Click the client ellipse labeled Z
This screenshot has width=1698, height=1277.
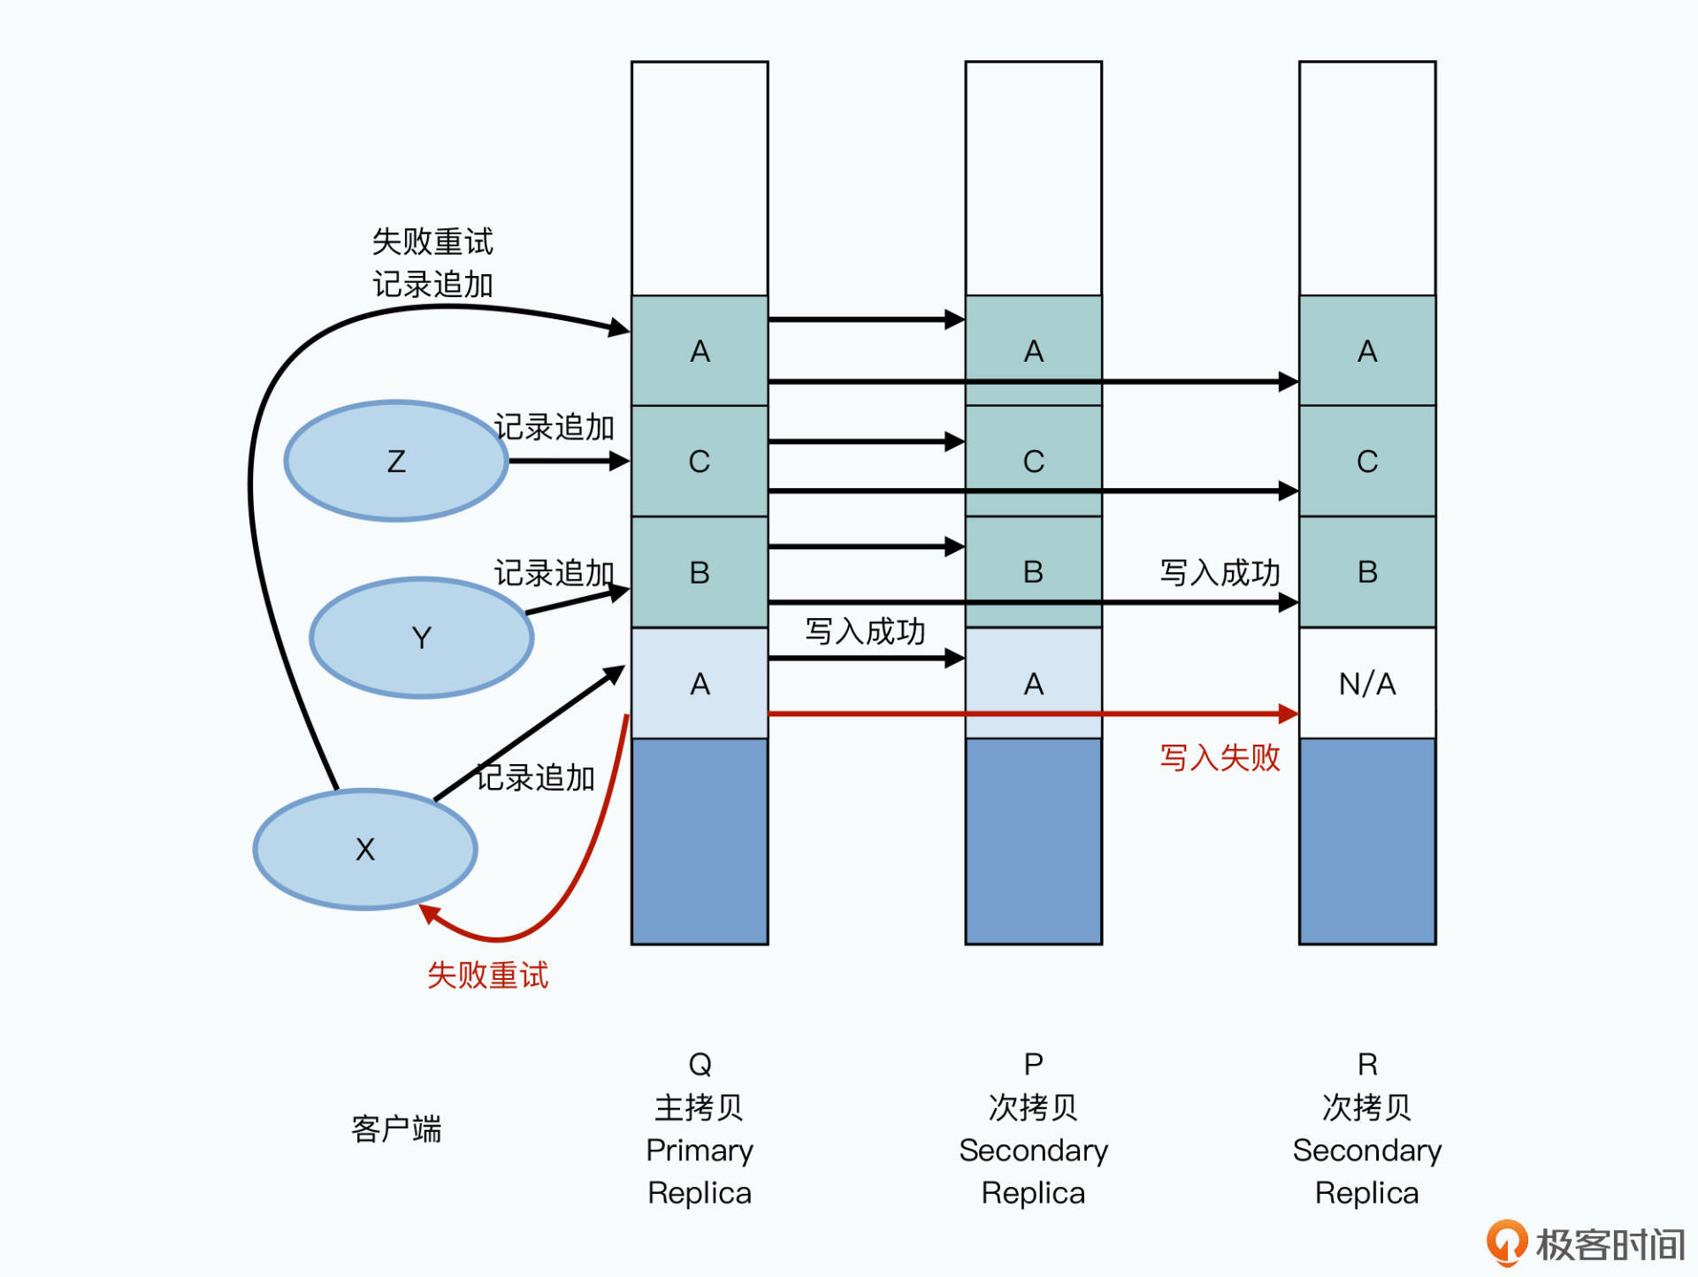coord(396,461)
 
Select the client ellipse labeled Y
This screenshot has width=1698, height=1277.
coord(422,638)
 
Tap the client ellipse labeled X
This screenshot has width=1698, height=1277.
coord(365,849)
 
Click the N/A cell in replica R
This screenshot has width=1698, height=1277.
coord(1367,684)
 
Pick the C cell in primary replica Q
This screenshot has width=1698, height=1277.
coord(700,461)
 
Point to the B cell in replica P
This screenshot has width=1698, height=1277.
coord(1033,572)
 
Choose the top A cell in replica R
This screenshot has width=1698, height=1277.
coord(1367,351)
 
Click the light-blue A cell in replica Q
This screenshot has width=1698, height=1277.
coord(700,684)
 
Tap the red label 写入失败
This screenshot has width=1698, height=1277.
coord(1220,758)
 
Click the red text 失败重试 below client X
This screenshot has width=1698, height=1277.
coord(487,975)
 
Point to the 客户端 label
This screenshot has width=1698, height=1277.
coord(396,1129)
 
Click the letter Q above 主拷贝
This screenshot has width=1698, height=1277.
coord(700,1064)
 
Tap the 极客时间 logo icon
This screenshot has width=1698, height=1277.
coord(1507,1243)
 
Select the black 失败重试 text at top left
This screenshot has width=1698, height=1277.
coord(432,241)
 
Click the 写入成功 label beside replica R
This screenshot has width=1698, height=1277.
coord(1220,573)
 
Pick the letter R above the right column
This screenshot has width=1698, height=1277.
coord(1367,1064)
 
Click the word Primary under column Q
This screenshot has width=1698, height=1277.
coord(700,1151)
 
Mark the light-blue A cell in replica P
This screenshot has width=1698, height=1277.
coord(1033,684)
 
